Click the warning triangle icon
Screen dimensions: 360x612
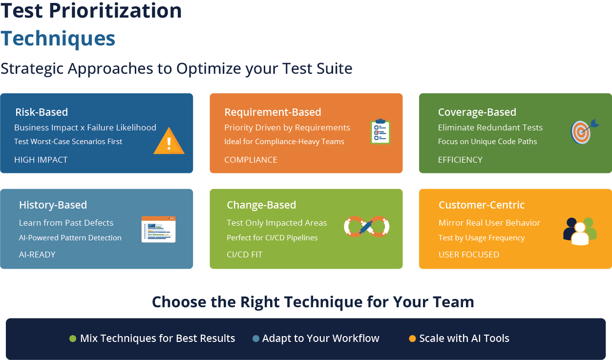(x=169, y=142)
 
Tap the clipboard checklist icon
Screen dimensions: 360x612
(x=380, y=131)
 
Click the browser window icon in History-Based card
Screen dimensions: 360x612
(x=158, y=229)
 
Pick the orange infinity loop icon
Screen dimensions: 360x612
(x=366, y=227)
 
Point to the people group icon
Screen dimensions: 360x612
(x=580, y=231)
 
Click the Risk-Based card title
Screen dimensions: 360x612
(x=42, y=112)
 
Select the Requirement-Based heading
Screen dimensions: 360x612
(x=273, y=112)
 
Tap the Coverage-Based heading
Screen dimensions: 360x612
(x=477, y=112)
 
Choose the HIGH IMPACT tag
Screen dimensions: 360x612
(x=41, y=160)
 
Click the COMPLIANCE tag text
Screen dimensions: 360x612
(x=251, y=160)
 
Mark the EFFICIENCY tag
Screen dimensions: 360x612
(x=460, y=160)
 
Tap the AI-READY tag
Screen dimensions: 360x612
(x=37, y=254)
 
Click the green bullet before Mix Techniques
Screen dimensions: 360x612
(x=73, y=339)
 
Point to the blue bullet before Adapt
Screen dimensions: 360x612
(x=256, y=339)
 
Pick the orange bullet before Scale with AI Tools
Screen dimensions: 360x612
(x=413, y=339)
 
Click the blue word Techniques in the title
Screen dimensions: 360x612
(x=58, y=38)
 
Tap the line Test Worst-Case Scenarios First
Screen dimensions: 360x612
(x=68, y=142)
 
